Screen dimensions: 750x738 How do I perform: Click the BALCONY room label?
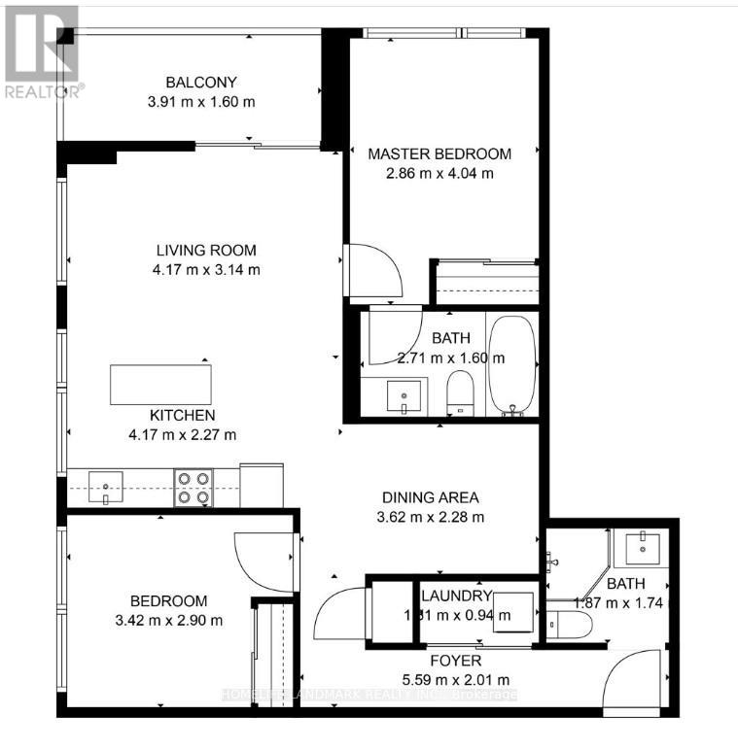(x=201, y=83)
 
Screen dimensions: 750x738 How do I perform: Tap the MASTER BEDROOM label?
(x=439, y=153)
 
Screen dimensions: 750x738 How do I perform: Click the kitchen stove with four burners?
(x=193, y=488)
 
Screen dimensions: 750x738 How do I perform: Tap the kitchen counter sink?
(x=105, y=483)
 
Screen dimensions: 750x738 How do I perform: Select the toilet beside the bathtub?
(x=458, y=393)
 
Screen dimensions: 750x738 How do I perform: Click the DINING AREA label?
(x=430, y=497)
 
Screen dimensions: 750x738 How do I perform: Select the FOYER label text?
(x=456, y=661)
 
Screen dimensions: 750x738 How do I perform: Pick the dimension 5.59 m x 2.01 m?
(x=456, y=679)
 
